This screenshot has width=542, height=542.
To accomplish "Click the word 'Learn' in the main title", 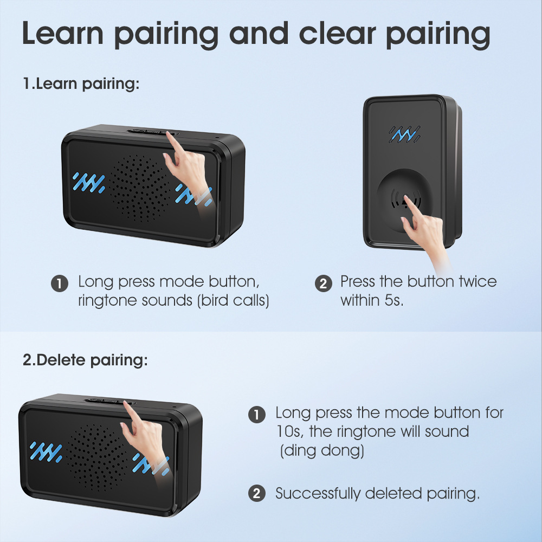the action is [62, 33].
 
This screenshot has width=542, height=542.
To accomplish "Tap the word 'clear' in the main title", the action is [337, 33].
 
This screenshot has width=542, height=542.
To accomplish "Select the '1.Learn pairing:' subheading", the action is [81, 83].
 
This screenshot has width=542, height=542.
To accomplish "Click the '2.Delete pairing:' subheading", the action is [85, 360].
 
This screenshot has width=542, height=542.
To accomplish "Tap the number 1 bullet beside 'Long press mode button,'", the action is [60, 283].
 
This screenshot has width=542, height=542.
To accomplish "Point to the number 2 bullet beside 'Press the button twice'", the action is [323, 283].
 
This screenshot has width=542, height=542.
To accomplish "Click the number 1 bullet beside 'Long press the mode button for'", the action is [257, 414].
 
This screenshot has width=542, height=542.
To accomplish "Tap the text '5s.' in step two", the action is [393, 300].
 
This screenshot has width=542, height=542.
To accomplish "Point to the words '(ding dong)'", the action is [322, 450].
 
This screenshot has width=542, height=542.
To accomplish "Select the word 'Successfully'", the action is [317, 493].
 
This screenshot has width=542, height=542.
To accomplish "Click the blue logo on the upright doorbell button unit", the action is [405, 134].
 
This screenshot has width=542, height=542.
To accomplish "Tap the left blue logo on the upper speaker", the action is [89, 183].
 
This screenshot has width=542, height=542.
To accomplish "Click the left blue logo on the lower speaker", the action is [46, 452].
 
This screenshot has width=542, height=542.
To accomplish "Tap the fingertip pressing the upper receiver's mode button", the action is [169, 134].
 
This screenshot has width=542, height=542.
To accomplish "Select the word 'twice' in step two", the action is [478, 281].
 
